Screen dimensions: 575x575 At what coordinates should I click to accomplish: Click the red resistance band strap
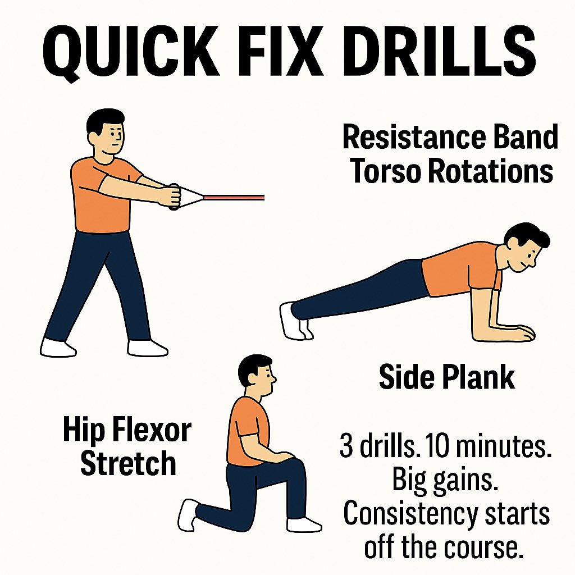[x=234, y=197]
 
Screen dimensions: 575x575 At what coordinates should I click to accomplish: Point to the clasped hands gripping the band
[x=174, y=197]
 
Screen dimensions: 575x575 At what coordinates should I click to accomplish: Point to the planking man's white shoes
[x=295, y=321]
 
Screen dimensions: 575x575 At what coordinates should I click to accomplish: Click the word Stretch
[x=128, y=463]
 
